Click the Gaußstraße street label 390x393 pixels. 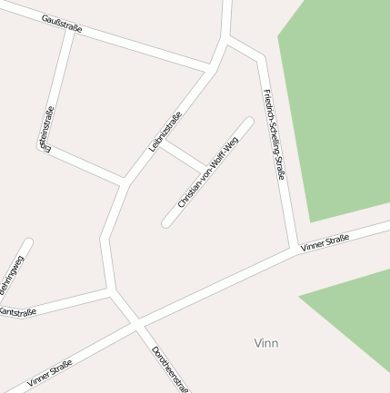(x=62, y=24)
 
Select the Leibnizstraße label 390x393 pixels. (x=165, y=131)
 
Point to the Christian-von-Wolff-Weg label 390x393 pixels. (x=208, y=172)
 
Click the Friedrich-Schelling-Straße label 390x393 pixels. (x=274, y=134)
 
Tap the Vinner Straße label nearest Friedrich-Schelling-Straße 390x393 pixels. (x=325, y=241)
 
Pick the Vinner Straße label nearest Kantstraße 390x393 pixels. (x=49, y=373)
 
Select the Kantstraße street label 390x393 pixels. (x=17, y=311)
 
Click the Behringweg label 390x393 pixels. (x=12, y=274)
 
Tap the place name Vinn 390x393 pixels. (x=266, y=343)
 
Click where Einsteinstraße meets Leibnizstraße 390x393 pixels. (x=125, y=182)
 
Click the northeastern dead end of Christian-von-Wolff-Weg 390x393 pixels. (x=248, y=121)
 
